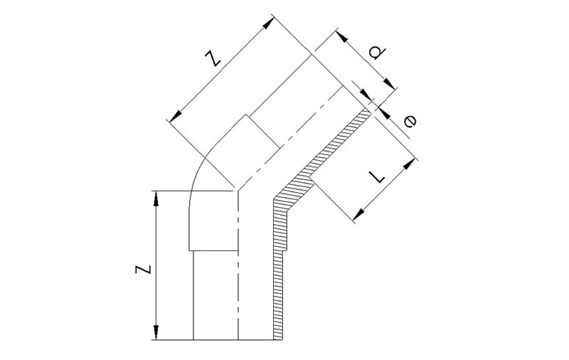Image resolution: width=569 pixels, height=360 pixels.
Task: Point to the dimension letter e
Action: [x=410, y=122]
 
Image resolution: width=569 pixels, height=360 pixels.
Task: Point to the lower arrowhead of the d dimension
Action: [x=367, y=97]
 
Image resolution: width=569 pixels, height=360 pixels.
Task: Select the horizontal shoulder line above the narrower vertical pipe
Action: [x=211, y=250]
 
